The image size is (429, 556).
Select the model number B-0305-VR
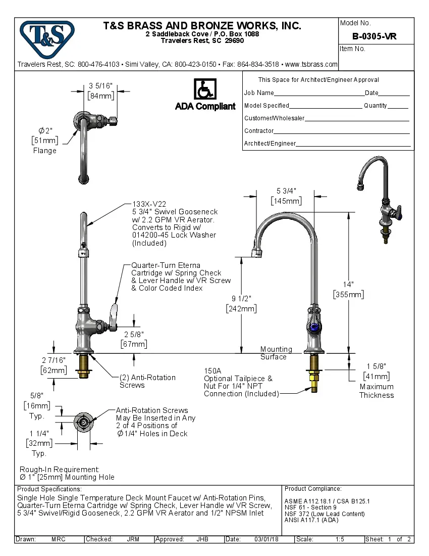coord(374,36)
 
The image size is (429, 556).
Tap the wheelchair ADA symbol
coord(204,89)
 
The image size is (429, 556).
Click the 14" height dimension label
coord(348,285)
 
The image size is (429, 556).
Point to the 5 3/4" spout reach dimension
coord(286,191)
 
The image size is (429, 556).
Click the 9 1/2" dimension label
coord(241,298)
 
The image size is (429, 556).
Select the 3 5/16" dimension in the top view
coord(100,85)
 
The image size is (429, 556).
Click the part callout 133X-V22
coord(147,204)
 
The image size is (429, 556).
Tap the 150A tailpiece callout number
coord(212,370)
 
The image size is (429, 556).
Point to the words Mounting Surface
coord(276,353)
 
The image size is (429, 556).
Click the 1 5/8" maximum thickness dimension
coord(377,366)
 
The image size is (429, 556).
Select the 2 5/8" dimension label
coord(134,334)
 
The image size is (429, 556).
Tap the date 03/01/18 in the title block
coord(266,539)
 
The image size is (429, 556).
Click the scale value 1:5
coord(340,539)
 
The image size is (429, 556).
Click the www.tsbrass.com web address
coord(311,64)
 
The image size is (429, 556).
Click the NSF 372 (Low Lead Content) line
coord(325,514)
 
